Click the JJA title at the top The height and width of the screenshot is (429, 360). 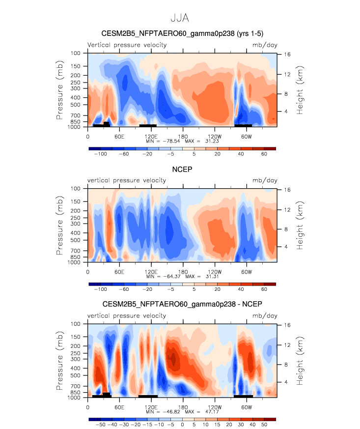179,18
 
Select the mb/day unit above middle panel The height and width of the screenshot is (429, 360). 265,180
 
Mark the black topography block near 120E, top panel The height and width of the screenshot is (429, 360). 148,126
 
